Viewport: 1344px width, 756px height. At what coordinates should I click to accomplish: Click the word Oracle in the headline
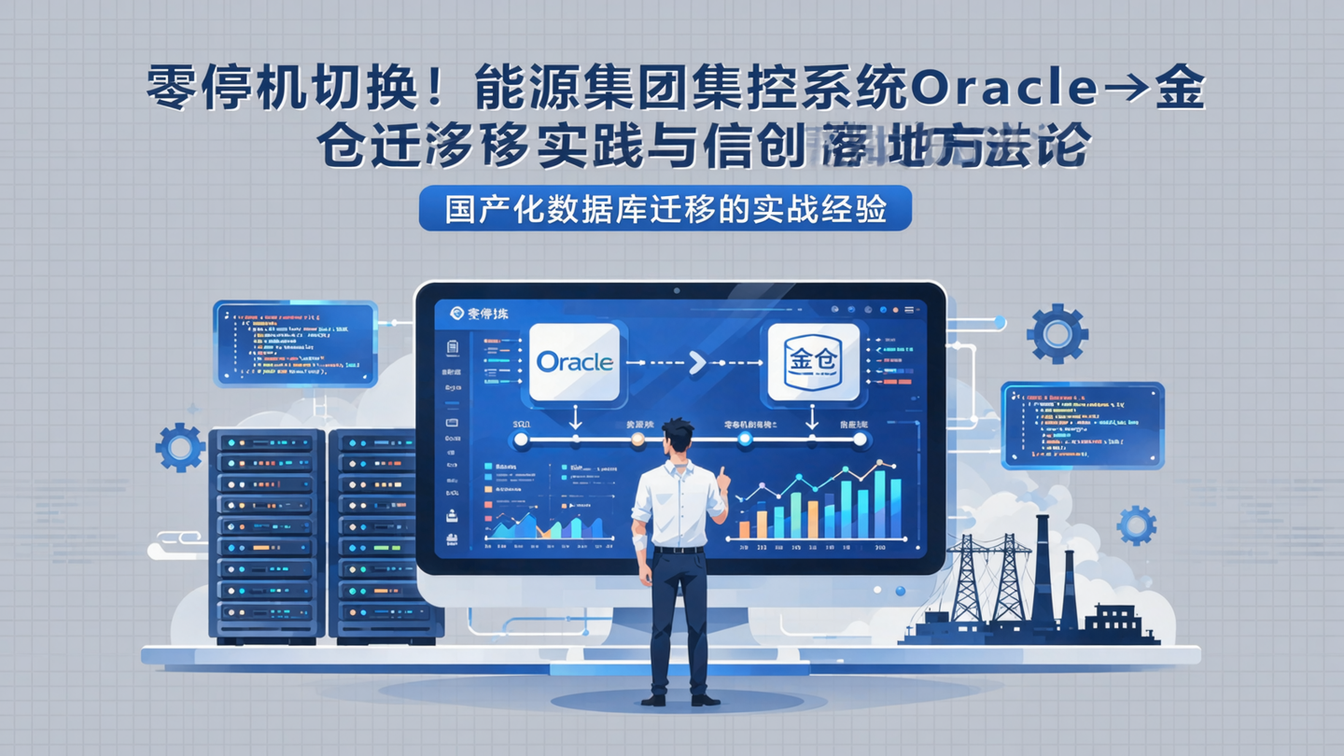(x=1002, y=90)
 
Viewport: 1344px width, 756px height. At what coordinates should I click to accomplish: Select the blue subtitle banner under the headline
(x=665, y=210)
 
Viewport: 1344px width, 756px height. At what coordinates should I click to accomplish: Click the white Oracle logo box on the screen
(x=574, y=361)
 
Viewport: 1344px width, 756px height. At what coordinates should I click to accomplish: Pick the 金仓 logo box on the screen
(x=813, y=361)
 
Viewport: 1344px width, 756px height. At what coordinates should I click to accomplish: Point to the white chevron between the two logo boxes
(x=696, y=362)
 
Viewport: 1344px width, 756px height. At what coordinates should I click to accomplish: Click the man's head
(x=677, y=440)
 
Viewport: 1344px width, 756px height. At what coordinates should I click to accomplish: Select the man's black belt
(x=679, y=550)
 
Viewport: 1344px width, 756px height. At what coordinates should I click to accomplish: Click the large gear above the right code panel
(x=1057, y=333)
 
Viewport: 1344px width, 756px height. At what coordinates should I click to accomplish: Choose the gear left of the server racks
(x=180, y=447)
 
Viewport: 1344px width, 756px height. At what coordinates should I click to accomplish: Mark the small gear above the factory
(x=1136, y=525)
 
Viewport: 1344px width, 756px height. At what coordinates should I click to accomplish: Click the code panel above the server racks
(x=295, y=343)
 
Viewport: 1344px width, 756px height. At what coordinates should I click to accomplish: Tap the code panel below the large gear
(x=1082, y=425)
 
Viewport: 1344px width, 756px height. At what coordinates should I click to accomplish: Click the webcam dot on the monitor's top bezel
(x=678, y=291)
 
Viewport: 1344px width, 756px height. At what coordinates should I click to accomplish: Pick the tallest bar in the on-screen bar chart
(x=879, y=504)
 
